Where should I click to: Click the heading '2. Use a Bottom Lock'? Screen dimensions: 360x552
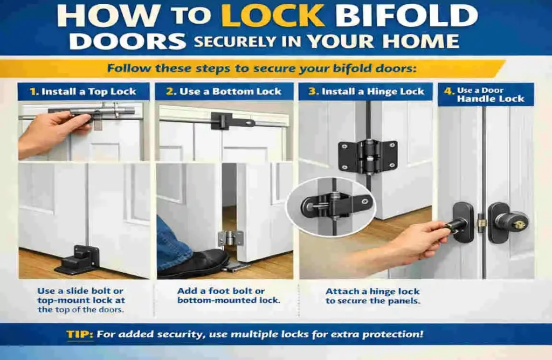(x=224, y=92)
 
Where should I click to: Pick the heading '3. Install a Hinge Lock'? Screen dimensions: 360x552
(x=367, y=92)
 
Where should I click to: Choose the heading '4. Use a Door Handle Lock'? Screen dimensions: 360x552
(x=485, y=94)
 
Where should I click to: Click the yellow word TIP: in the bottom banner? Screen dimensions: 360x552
(x=80, y=335)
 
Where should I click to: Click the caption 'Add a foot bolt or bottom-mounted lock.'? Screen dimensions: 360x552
(x=229, y=295)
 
